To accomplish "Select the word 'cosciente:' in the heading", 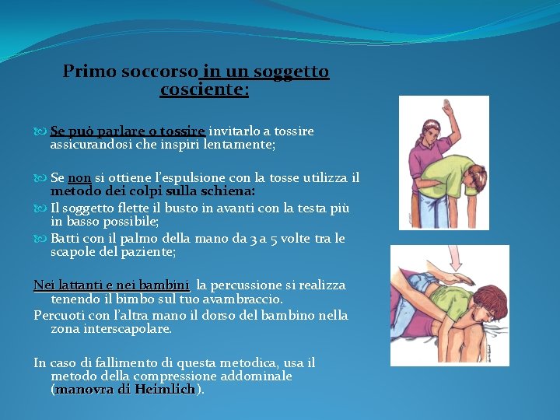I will coord(204,89).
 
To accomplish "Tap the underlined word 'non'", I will coord(80,178).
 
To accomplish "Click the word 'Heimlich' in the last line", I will coord(165,389).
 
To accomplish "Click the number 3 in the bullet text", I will coord(262,238).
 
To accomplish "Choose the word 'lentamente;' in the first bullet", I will coord(238,145).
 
